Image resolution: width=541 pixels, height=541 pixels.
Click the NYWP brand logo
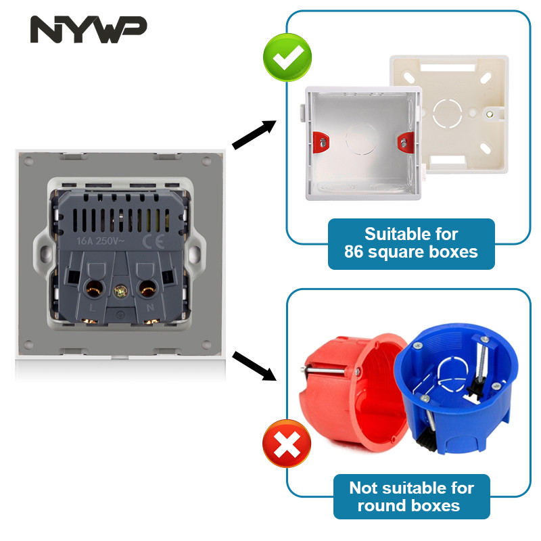[89, 30]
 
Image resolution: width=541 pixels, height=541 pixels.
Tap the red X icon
[287, 444]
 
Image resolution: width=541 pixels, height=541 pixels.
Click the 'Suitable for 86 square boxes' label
[411, 243]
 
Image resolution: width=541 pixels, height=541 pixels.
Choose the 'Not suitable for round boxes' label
[411, 496]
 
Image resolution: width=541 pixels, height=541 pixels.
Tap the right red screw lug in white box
[403, 142]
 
